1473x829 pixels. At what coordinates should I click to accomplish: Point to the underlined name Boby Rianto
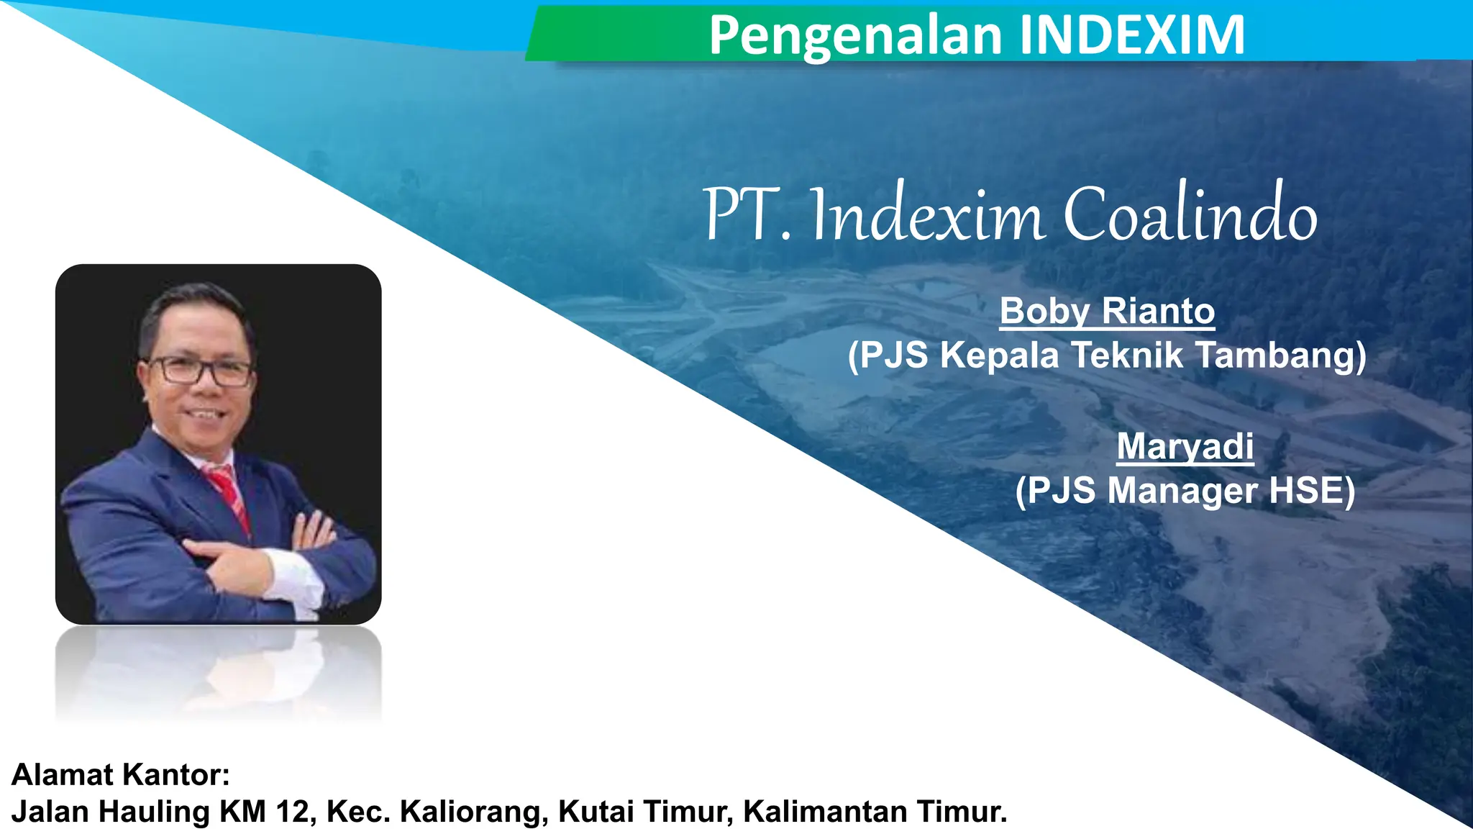tap(1107, 312)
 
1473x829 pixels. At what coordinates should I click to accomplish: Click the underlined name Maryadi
tap(1185, 446)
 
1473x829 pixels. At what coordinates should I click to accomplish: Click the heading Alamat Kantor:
tap(121, 775)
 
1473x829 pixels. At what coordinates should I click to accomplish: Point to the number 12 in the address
tap(292, 812)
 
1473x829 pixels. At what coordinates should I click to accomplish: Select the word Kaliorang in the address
tap(475, 812)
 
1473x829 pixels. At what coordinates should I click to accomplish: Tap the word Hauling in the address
tap(154, 812)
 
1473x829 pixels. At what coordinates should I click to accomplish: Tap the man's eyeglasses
tap(199, 371)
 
